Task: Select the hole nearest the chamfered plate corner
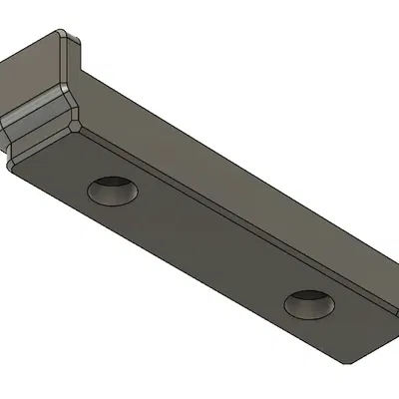click(308, 304)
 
